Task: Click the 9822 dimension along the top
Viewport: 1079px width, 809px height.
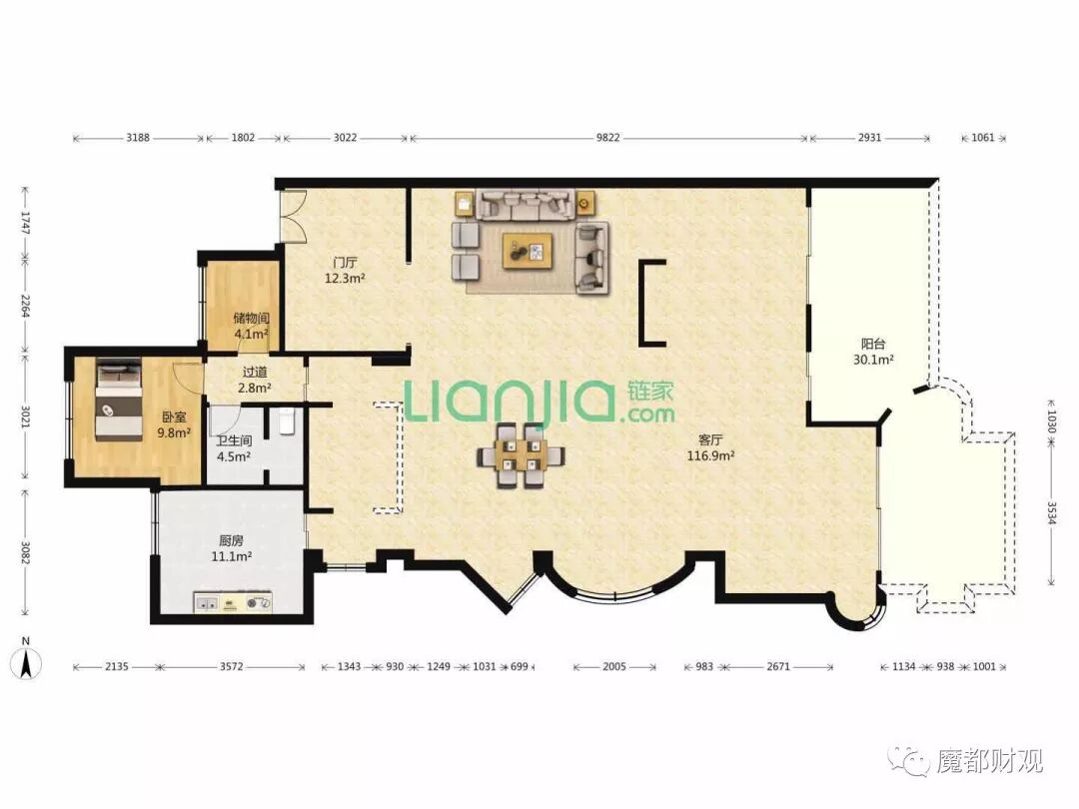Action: click(x=607, y=138)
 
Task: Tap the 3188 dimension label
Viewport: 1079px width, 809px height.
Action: click(x=138, y=138)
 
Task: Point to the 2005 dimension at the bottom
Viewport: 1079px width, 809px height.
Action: click(x=613, y=666)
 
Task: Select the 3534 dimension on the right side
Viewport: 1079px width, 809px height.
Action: click(x=1051, y=513)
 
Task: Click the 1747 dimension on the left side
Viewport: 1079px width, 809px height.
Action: click(x=25, y=222)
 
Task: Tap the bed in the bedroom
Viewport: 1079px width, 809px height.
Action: click(x=118, y=399)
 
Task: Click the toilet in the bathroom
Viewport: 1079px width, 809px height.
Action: click(x=287, y=421)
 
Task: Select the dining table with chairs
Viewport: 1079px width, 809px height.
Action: click(x=521, y=455)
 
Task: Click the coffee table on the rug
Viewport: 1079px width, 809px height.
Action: click(x=528, y=251)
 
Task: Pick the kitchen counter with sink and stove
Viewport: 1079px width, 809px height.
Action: click(x=233, y=602)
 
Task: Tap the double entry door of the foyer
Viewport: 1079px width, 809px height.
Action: click(x=292, y=215)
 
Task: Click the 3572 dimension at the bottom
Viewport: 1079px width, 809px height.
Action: click(x=231, y=666)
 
